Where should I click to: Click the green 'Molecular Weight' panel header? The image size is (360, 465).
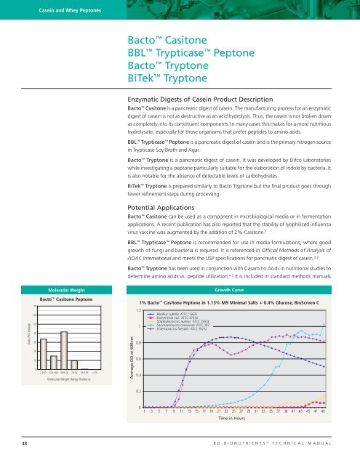pyautogui.click(x=65, y=267)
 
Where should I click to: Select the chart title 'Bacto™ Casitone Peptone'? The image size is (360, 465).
pyautogui.click(x=65, y=280)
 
